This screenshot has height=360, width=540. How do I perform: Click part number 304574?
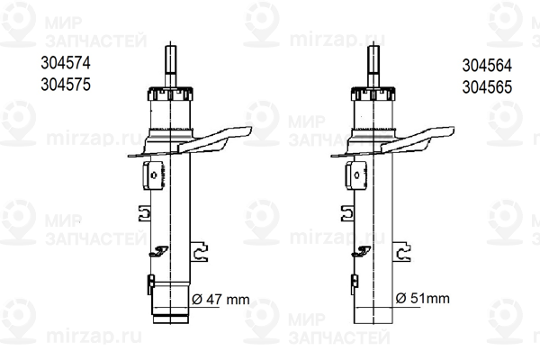(x=66, y=63)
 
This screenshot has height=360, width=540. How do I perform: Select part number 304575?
(x=66, y=85)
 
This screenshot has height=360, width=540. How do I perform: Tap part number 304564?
(x=487, y=66)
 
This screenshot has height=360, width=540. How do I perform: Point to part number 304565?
(x=487, y=87)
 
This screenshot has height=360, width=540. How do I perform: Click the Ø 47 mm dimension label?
(x=220, y=300)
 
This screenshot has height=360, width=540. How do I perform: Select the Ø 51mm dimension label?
(x=423, y=298)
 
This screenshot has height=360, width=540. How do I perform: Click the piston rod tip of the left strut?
(x=170, y=48)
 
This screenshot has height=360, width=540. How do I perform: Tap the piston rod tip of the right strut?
(x=373, y=48)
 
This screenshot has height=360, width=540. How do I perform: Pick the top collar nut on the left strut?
(x=170, y=94)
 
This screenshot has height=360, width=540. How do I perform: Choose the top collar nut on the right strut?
(x=373, y=94)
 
